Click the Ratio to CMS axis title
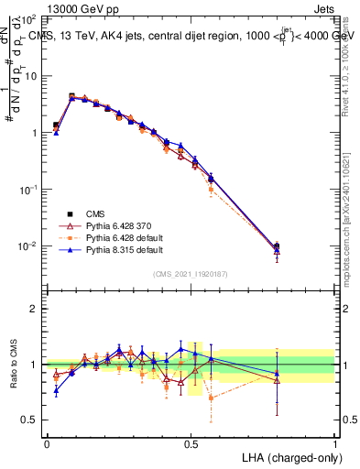(x=15, y=365)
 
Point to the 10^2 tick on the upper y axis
(x=28, y=19)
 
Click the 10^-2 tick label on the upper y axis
(x=28, y=246)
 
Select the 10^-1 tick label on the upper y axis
(x=28, y=190)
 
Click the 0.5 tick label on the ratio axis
(x=31, y=420)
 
